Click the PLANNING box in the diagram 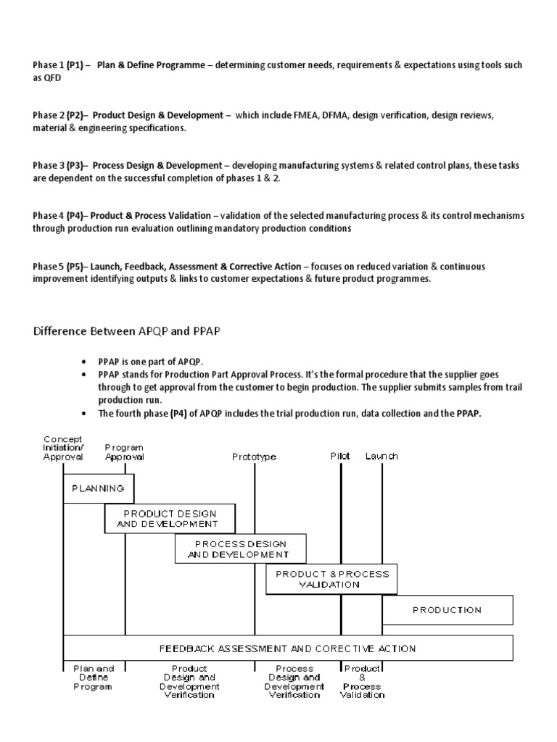[x=98, y=488]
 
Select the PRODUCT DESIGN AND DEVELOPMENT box [x=170, y=518]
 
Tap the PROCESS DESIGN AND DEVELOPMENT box [x=240, y=549]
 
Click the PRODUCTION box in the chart [x=447, y=610]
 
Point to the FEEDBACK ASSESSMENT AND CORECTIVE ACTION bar [x=288, y=649]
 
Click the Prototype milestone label [x=254, y=457]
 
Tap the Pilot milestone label [x=339, y=457]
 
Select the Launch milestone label [x=381, y=457]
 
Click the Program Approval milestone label [x=125, y=452]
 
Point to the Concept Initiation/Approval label [x=64, y=448]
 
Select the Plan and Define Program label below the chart [x=93, y=677]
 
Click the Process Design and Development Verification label [x=295, y=681]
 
